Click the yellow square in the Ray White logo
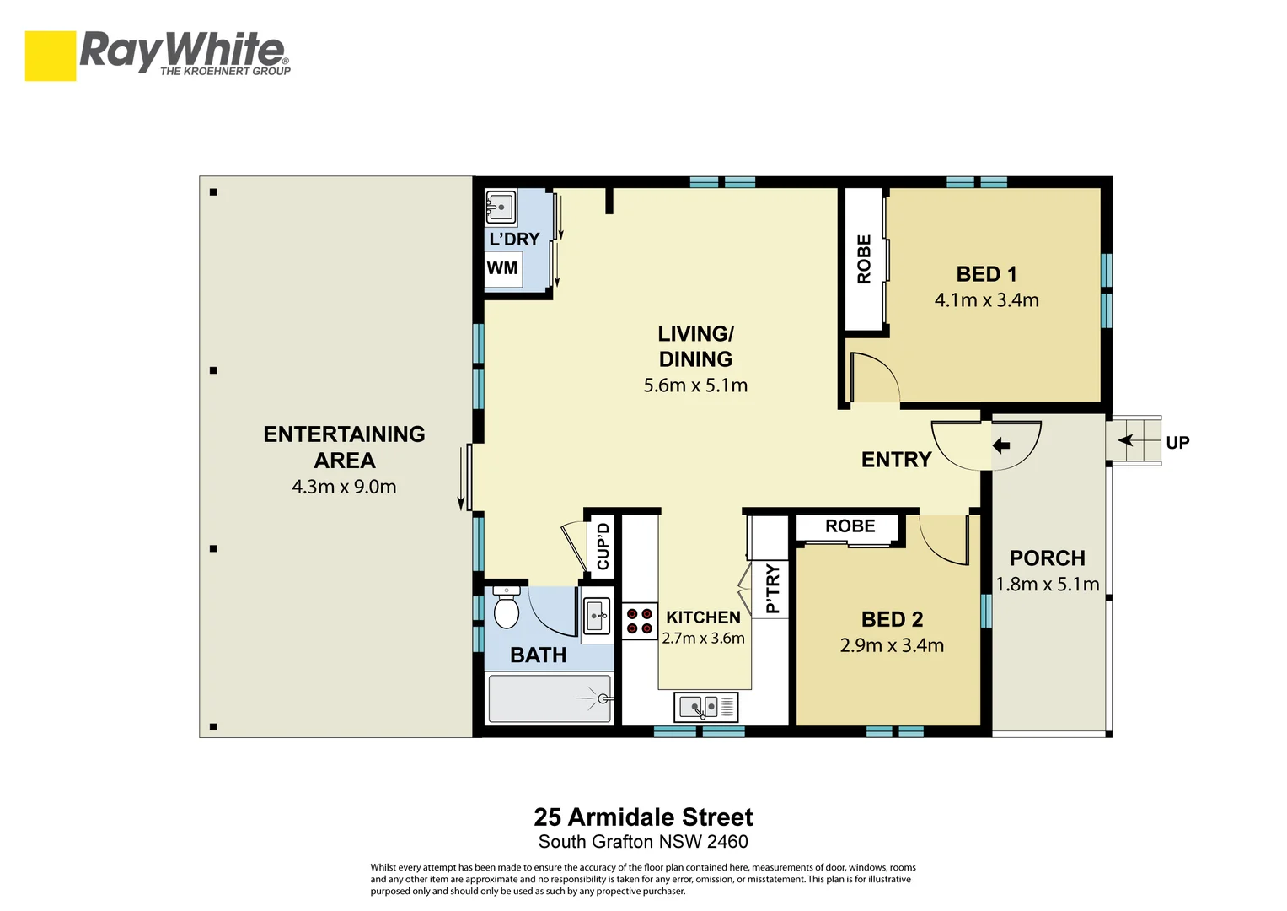click(x=51, y=56)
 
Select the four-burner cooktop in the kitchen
click(x=639, y=621)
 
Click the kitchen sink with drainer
click(x=705, y=706)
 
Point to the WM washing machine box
click(x=503, y=269)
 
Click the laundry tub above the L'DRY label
click(x=501, y=207)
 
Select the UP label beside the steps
click(x=1177, y=443)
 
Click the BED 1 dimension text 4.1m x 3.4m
click(x=986, y=300)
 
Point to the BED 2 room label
click(x=892, y=619)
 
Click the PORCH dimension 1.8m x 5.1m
click(x=1047, y=584)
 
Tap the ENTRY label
click(x=896, y=460)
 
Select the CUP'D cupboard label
click(x=603, y=547)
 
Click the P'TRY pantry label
click(x=772, y=589)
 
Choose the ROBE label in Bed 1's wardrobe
click(x=864, y=259)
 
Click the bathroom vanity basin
click(x=597, y=615)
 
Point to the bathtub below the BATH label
click(x=550, y=698)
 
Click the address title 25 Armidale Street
click(x=643, y=817)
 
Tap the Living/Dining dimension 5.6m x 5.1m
click(x=695, y=385)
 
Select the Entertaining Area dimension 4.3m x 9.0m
click(x=344, y=487)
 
